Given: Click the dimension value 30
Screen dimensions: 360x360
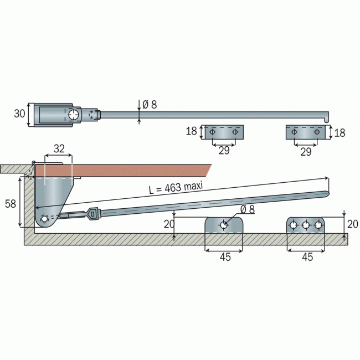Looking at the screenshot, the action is (19, 114).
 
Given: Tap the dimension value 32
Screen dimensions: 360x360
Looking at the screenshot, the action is (59, 149).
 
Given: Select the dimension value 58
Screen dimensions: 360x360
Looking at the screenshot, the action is (11, 204).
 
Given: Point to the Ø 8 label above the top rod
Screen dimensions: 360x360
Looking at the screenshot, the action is (150, 105).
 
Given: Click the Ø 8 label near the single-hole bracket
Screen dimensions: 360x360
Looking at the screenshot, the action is (248, 209).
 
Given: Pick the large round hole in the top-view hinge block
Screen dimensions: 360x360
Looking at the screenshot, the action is (74, 115).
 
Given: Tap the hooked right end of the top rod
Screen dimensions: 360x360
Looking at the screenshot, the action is (326, 117).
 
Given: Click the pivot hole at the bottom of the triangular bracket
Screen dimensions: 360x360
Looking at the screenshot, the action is (44, 219).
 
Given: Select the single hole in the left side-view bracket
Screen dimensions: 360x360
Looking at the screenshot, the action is (224, 225).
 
